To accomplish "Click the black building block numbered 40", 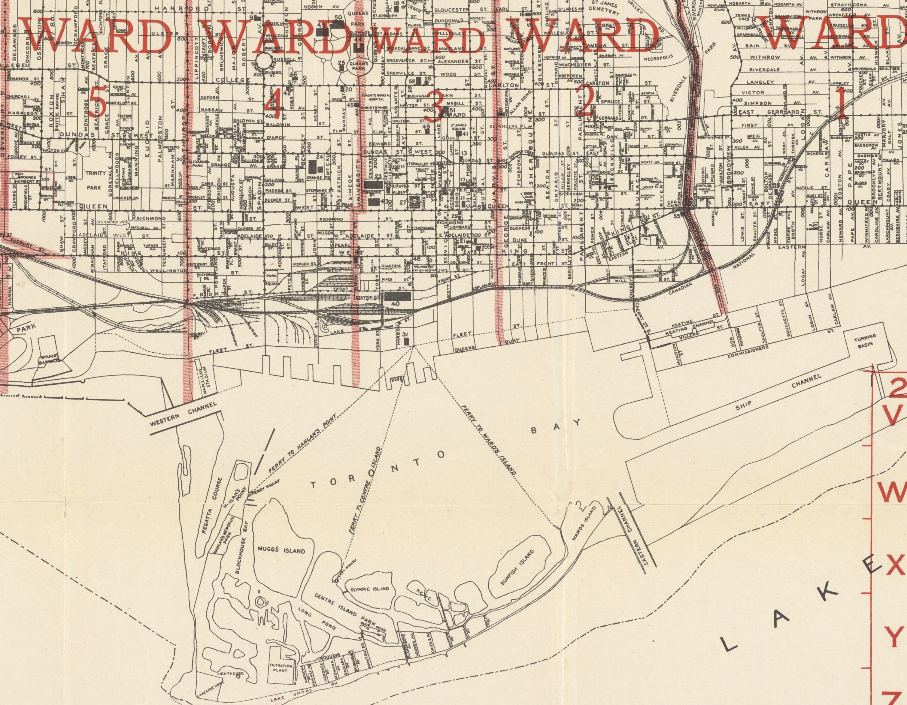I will [397, 296].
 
